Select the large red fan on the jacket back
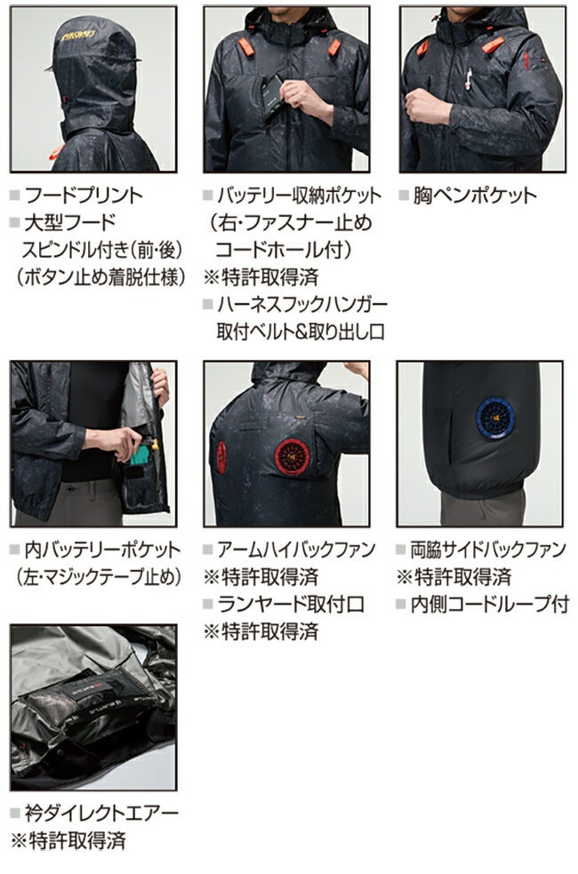(x=291, y=456)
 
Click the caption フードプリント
(x=84, y=195)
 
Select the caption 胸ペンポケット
(x=474, y=195)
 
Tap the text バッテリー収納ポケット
(x=300, y=195)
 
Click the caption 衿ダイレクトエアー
(x=101, y=814)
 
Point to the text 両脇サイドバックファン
(x=488, y=549)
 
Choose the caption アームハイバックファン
(x=296, y=549)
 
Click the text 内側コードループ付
(x=490, y=605)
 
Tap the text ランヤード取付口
(x=291, y=605)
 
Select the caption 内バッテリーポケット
(x=102, y=549)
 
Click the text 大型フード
(x=70, y=222)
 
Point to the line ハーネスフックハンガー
(x=302, y=304)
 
